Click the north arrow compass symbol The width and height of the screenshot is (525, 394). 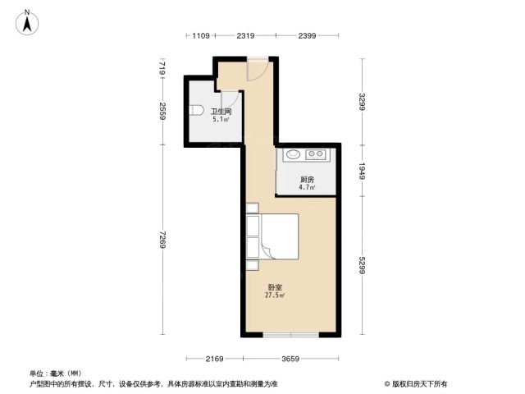27,22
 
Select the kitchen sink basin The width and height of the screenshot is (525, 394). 294,154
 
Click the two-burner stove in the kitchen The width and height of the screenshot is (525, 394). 315,154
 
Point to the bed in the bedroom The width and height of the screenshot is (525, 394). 272,236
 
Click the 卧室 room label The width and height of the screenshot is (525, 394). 275,287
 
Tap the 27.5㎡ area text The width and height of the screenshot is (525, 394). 275,295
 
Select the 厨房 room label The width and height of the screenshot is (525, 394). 307,180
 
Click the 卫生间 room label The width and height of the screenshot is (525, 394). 221,112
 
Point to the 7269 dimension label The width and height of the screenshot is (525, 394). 162,240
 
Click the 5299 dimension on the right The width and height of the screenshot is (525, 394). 363,266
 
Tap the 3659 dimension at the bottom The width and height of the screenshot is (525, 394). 290,360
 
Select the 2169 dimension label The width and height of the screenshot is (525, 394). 214,360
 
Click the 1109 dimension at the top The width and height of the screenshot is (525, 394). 201,35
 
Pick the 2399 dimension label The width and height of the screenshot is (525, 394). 307,35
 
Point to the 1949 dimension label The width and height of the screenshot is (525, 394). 363,171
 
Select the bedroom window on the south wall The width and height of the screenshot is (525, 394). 290,335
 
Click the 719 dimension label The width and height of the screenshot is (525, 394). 162,67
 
